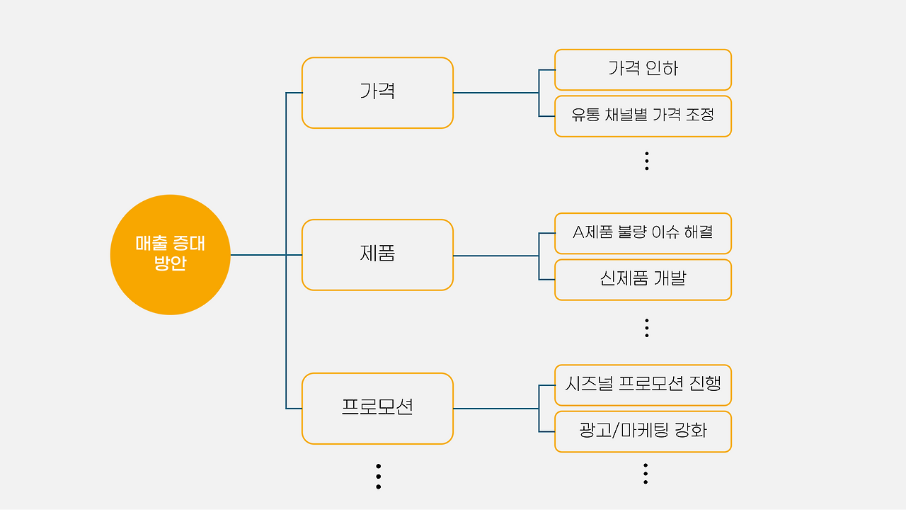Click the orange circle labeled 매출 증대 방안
pyautogui.click(x=170, y=254)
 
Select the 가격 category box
pyautogui.click(x=377, y=93)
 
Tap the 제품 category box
pyautogui.click(x=377, y=255)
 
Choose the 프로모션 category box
pyautogui.click(x=377, y=409)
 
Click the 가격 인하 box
pyautogui.click(x=643, y=69)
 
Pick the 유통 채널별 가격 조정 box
pyautogui.click(x=643, y=116)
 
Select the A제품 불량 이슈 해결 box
pyautogui.click(x=643, y=233)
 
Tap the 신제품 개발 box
pyautogui.click(x=643, y=280)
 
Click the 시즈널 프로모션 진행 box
pyautogui.click(x=643, y=385)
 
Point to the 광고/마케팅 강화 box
pyautogui.click(x=643, y=431)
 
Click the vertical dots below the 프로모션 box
pyautogui.click(x=379, y=477)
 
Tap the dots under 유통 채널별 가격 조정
pyautogui.click(x=646, y=161)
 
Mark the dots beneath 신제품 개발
pyautogui.click(x=646, y=327)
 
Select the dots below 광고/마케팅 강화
pyautogui.click(x=646, y=474)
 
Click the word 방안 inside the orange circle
pyautogui.click(x=170, y=264)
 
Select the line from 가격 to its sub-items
pyautogui.click(x=495, y=93)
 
